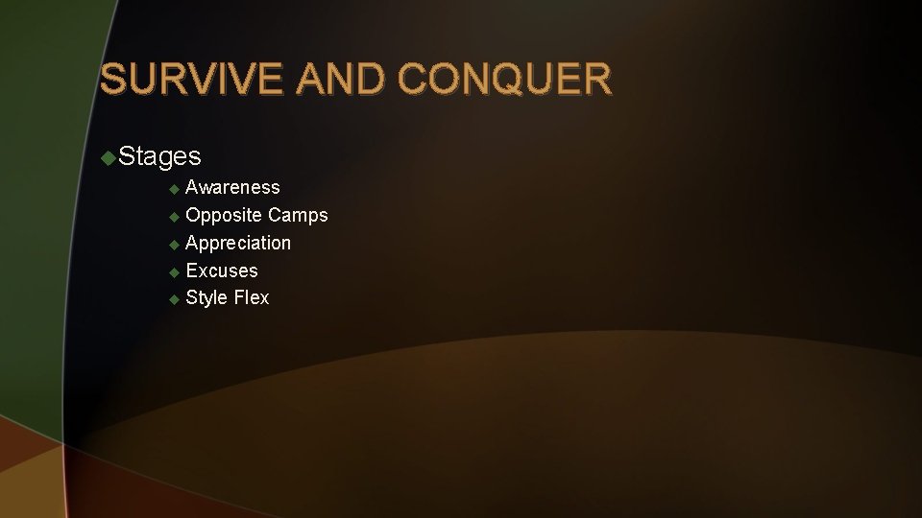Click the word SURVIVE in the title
coord(193,79)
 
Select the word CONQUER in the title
coord(504,79)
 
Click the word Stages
coord(160,155)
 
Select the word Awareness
coord(232,187)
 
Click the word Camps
coord(298,215)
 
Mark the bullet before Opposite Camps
coord(174,217)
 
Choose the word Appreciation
coord(238,243)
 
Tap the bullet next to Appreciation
coord(174,245)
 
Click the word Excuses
coord(222,271)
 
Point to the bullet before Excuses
coord(174,272)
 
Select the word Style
coord(206,297)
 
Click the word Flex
coord(252,297)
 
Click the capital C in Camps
coord(276,215)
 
